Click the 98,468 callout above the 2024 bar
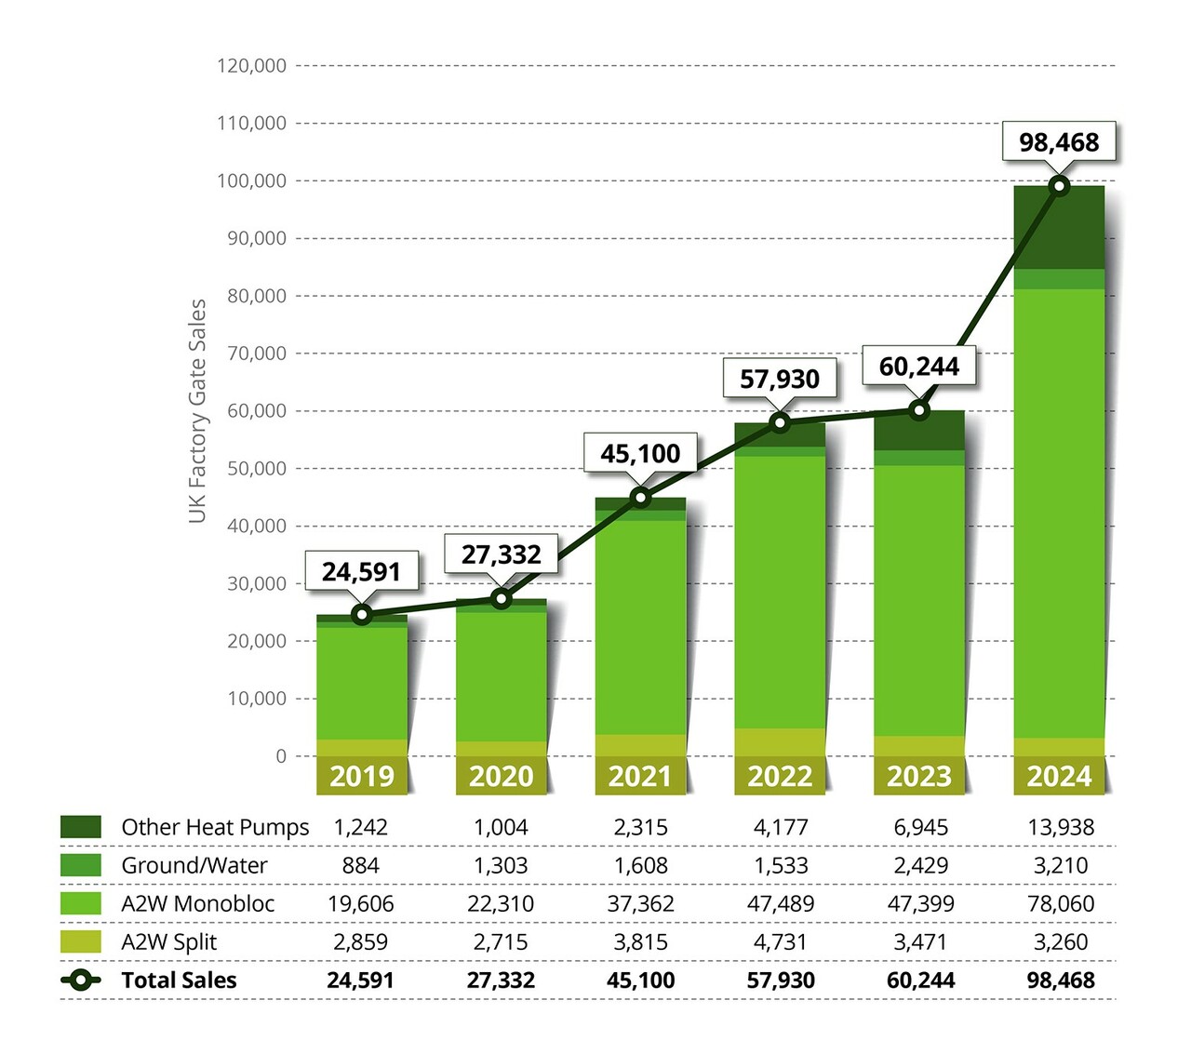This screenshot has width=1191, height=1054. tap(1059, 142)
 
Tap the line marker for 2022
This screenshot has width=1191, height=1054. tap(781, 423)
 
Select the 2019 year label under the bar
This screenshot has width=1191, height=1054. tap(362, 776)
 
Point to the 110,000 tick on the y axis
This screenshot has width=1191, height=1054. tap(252, 123)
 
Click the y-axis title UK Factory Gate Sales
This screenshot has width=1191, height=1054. tap(197, 410)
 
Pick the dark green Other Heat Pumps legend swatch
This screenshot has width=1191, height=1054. tap(81, 827)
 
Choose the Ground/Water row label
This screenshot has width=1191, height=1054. tap(194, 865)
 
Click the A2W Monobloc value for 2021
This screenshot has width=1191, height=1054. tap(640, 903)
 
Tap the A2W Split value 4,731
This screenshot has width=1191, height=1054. tap(781, 941)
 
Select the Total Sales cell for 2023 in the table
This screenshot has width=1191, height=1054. tap(920, 980)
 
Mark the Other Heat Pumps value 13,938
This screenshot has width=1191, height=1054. tap(1061, 827)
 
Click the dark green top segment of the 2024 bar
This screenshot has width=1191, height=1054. tap(1059, 228)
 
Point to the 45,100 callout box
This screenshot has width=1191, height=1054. tap(640, 454)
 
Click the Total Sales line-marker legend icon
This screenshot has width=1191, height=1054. tap(81, 980)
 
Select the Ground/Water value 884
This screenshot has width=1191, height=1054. tap(360, 865)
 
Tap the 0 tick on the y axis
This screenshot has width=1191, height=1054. tap(280, 756)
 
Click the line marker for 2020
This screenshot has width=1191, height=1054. tap(502, 598)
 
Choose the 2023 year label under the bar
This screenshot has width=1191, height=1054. tap(919, 776)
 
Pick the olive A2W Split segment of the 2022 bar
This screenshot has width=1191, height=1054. tap(780, 741)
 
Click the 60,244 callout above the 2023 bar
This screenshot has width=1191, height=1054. tap(918, 367)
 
